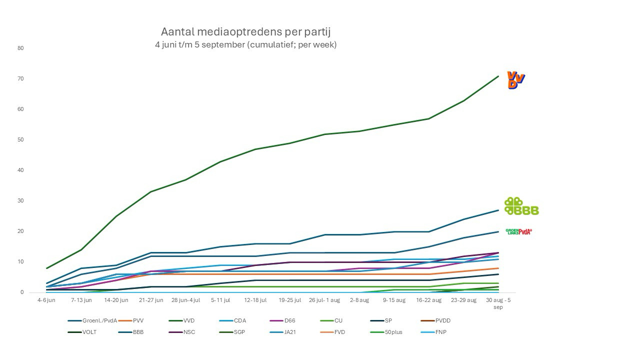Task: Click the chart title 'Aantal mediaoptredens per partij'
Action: (245, 32)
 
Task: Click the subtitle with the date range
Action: (245, 44)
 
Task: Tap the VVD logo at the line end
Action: (516, 80)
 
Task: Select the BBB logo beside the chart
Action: (521, 206)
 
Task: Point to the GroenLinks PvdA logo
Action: (518, 231)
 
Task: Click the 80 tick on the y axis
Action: (20, 48)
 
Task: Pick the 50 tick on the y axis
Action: (20, 140)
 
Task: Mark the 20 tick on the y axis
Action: (20, 231)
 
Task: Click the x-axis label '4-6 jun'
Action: (46, 300)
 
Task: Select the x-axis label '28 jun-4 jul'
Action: (185, 300)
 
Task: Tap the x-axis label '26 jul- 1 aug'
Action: (324, 300)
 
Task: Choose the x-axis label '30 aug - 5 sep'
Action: (498, 303)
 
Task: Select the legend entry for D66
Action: (290, 320)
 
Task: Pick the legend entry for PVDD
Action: (443, 320)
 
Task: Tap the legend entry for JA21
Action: (290, 332)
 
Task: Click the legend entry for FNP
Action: (440, 332)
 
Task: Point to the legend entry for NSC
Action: (189, 332)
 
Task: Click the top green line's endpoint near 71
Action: (498, 76)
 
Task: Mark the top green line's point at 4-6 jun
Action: (46, 268)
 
